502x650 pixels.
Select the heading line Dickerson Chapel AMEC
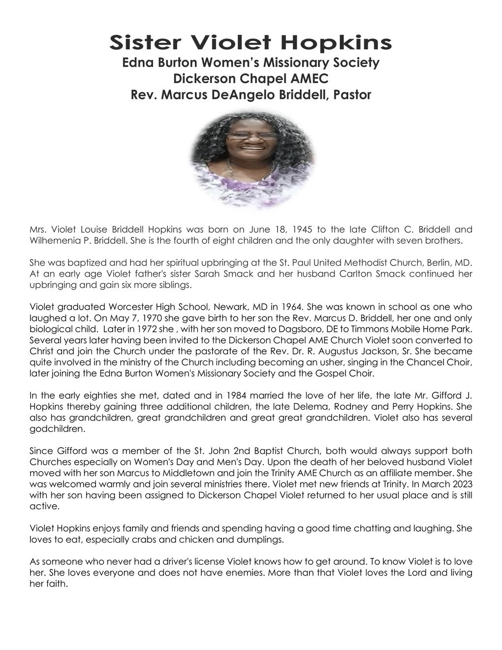pos(251,79)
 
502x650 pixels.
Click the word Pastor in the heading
pos(352,95)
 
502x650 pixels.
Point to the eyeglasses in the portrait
pos(251,135)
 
